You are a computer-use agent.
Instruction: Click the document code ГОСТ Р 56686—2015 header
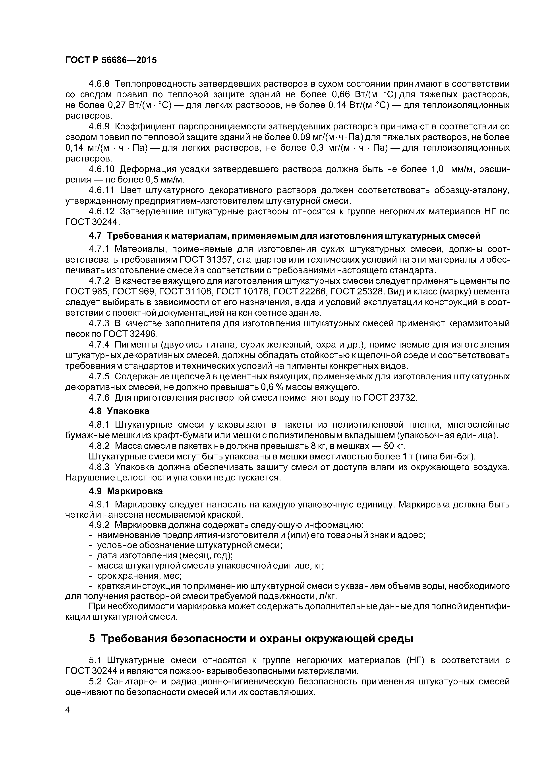coord(111,60)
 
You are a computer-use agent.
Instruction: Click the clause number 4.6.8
coord(99,84)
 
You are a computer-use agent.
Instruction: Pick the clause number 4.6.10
coord(102,169)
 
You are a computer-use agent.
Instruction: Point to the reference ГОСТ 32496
coord(130,334)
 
